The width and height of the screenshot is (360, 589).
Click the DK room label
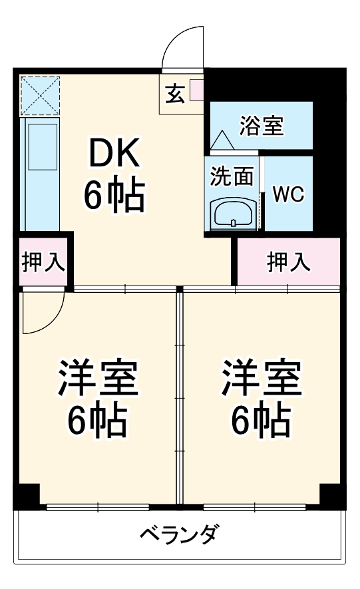click(x=115, y=154)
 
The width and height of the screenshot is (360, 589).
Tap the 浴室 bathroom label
click(x=262, y=125)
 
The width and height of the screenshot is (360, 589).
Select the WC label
click(x=288, y=194)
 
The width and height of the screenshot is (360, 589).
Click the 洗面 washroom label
click(x=232, y=177)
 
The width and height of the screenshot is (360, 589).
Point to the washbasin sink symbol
click(x=232, y=214)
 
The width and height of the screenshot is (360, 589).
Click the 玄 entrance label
click(x=175, y=94)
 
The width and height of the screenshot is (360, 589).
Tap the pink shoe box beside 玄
click(x=196, y=90)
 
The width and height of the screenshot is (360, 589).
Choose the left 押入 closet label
click(x=43, y=262)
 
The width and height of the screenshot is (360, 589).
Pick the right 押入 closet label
click(x=288, y=262)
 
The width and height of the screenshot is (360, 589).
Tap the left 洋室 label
click(x=97, y=379)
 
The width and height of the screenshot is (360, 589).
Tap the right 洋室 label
click(x=261, y=379)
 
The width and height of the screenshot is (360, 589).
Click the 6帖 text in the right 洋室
click(x=261, y=419)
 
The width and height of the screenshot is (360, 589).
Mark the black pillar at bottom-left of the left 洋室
click(x=27, y=496)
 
